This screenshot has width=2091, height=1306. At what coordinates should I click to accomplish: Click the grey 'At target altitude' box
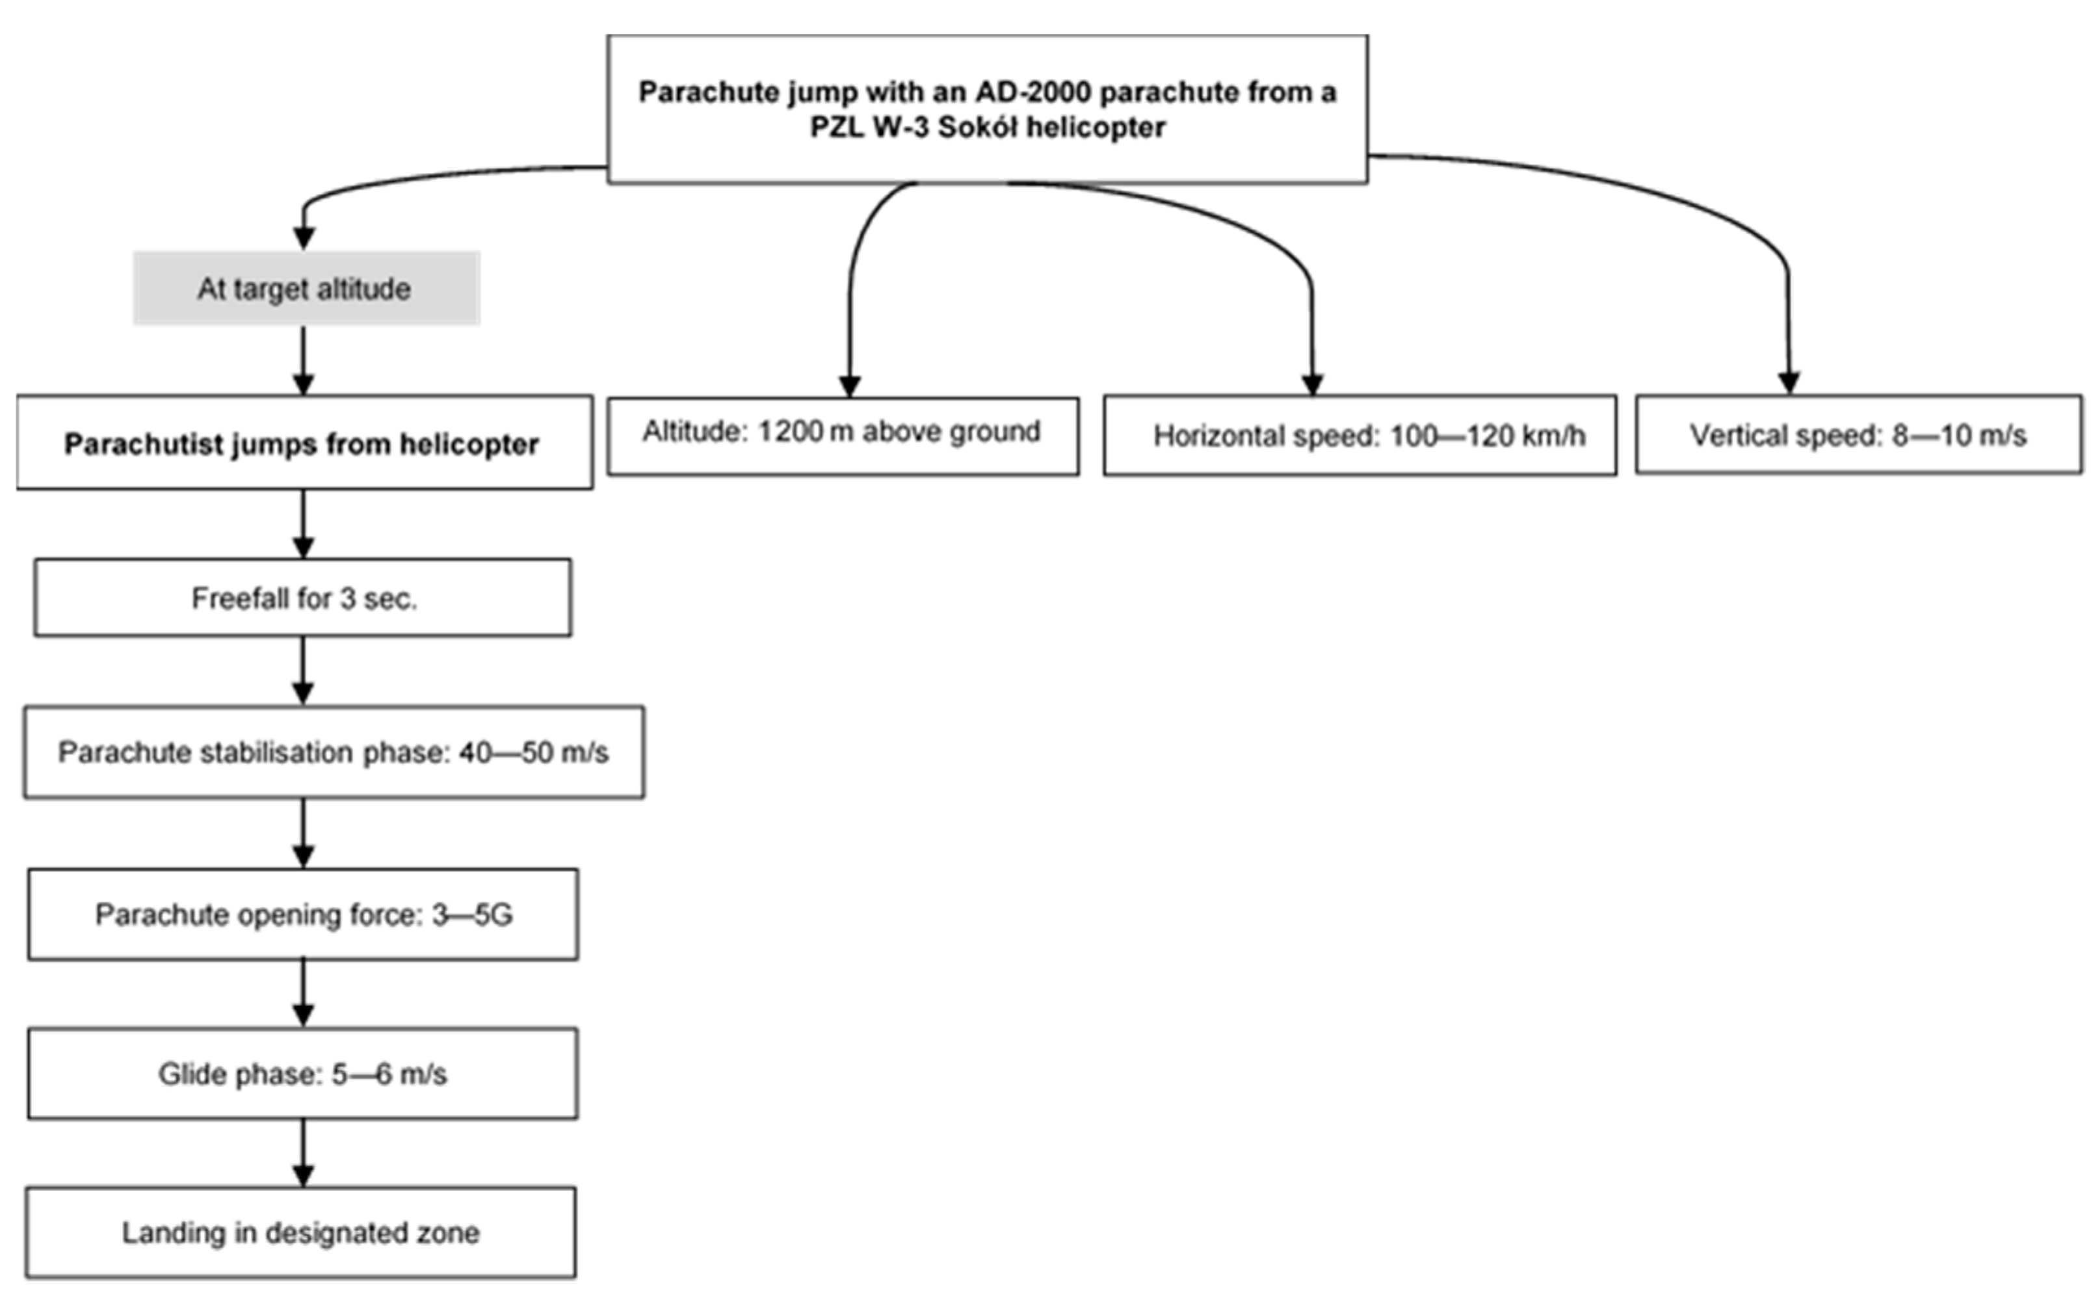306,289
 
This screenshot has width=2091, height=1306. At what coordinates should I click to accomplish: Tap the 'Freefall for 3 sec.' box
303,598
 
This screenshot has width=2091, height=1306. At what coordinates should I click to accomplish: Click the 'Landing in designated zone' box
300,1233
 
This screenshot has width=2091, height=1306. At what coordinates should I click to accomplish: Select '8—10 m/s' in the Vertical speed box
1958,435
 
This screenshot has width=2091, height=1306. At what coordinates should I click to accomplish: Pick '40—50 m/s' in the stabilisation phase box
533,753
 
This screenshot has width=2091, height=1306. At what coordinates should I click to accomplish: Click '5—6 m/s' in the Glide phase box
389,1074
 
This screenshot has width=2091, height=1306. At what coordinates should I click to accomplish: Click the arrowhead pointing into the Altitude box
850,385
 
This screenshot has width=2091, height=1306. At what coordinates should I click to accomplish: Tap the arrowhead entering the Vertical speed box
1789,382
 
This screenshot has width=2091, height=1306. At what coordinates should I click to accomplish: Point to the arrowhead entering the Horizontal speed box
1312,384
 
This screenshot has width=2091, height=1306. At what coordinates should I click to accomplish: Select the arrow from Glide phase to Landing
303,1153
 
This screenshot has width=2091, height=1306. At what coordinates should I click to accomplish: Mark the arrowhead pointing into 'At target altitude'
304,237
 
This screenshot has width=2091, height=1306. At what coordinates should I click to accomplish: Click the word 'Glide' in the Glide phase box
192,1074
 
